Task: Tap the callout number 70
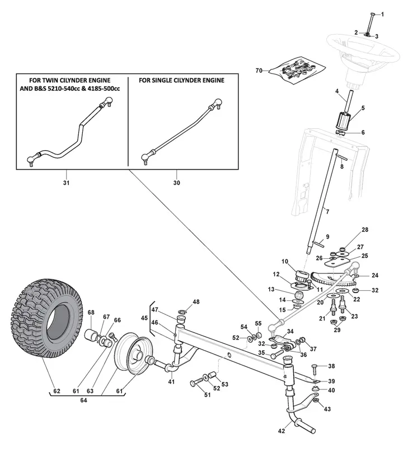point(259,71)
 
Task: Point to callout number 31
point(66,183)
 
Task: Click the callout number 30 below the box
point(177,183)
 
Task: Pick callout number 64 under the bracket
point(84,401)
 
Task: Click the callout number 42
point(281,431)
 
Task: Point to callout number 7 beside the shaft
point(327,211)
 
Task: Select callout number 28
point(365,230)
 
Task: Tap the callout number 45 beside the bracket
point(144,318)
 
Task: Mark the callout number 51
point(208,394)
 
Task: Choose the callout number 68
point(91,313)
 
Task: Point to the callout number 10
point(285,262)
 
